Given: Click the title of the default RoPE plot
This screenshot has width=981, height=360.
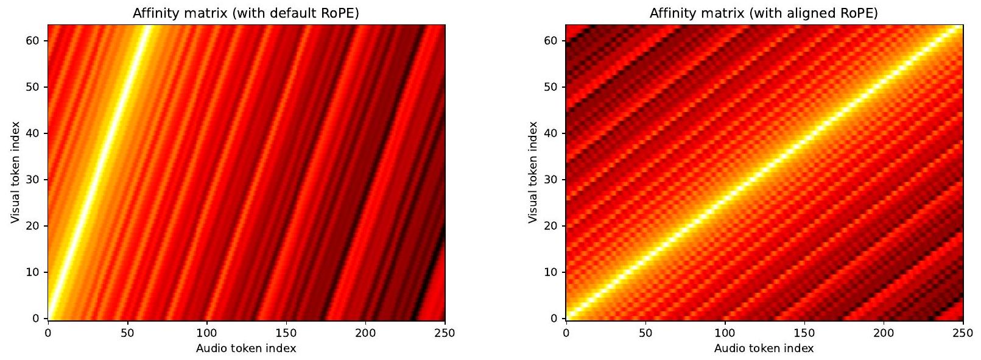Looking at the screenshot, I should [x=246, y=13].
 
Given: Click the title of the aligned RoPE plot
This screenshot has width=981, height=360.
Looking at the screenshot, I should [x=764, y=13].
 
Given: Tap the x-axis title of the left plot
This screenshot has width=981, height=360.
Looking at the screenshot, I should [x=246, y=348].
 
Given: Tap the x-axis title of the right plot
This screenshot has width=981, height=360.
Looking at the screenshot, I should [x=764, y=348].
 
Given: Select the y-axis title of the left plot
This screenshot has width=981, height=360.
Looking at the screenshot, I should [x=15, y=172].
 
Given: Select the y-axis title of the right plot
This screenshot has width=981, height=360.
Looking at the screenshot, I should [x=533, y=172].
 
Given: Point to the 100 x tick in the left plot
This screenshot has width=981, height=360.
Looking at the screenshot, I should [x=206, y=333].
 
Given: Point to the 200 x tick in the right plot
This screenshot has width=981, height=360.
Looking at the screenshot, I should [x=884, y=333].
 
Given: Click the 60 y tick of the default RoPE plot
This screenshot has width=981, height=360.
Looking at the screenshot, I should [x=32, y=41].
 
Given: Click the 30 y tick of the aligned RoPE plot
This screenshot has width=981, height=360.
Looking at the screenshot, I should [x=550, y=180].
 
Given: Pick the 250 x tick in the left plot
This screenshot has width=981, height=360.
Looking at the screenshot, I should [x=445, y=333].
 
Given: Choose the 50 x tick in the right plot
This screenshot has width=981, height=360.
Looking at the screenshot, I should [x=645, y=333].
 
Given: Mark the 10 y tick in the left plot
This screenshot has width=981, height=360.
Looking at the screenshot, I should [x=32, y=272].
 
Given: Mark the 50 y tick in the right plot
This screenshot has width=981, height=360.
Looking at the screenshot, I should [x=550, y=87].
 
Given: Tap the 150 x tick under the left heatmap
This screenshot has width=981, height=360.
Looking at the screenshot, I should [x=286, y=333].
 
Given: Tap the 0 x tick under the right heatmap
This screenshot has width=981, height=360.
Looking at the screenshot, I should [x=566, y=333].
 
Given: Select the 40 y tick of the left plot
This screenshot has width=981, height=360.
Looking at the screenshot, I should [x=32, y=133].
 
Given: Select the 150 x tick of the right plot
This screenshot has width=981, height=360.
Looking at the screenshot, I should [x=804, y=333].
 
